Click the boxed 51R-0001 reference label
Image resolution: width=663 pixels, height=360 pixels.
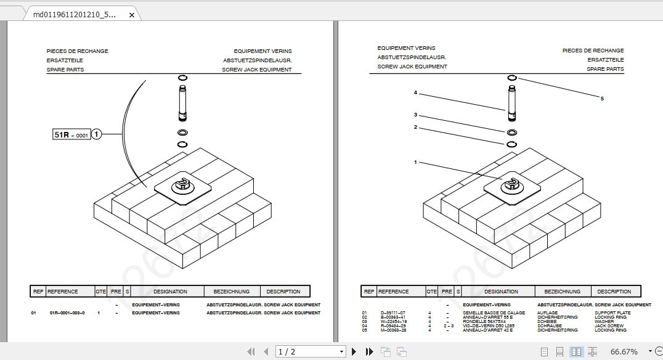pyautogui.click(x=72, y=134)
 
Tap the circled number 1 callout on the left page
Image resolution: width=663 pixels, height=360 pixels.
pyautogui.click(x=97, y=134)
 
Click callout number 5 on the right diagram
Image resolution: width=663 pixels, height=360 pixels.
pyautogui.click(x=602, y=99)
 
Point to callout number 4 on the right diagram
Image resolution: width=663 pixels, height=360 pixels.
pyautogui.click(x=415, y=92)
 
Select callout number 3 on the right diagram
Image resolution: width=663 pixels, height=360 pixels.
pyautogui.click(x=415, y=115)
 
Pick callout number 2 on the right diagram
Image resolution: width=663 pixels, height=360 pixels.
pyautogui.click(x=415, y=128)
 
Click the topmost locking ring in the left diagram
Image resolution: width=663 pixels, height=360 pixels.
pyautogui.click(x=182, y=78)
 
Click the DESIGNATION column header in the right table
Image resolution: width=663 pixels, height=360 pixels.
pyautogui.click(x=501, y=292)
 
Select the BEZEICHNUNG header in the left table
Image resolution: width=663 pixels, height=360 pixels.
pyautogui.click(x=231, y=292)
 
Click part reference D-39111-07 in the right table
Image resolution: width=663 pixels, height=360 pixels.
pyautogui.click(x=393, y=313)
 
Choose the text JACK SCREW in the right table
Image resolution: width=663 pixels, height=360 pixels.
pyautogui.click(x=607, y=326)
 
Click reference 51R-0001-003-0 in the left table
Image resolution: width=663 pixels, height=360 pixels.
pyautogui.click(x=67, y=313)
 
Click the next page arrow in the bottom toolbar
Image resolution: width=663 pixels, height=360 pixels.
pyautogui.click(x=354, y=351)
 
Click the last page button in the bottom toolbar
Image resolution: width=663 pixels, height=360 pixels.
pyautogui.click(x=369, y=351)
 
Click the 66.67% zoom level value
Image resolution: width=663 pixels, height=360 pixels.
pyautogui.click(x=624, y=351)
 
